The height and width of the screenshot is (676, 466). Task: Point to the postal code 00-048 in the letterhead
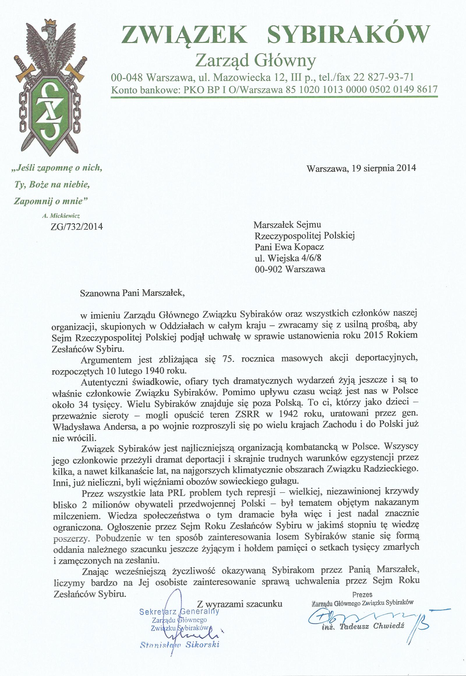coord(127,78)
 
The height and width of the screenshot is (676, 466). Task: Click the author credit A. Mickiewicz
coord(61,216)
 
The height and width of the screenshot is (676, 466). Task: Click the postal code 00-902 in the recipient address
coord(268,269)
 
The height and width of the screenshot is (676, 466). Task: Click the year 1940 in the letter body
coord(160,371)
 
